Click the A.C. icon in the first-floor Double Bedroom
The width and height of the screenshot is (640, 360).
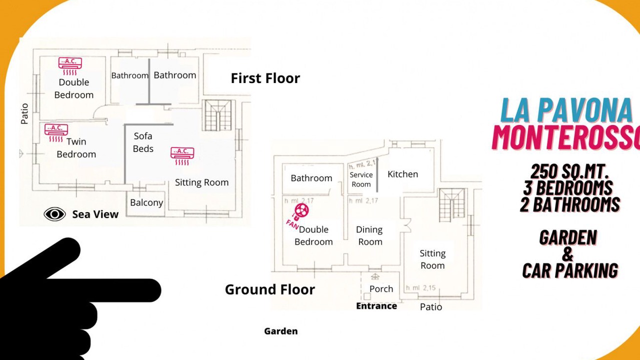pos(70,66)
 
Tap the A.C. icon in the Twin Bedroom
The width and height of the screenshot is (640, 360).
pos(56,133)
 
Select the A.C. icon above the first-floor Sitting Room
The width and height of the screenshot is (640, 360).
pos(182,156)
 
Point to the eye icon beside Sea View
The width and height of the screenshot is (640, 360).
pos(54,214)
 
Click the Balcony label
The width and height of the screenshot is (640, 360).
pos(146,202)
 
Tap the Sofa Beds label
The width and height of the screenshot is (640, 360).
pos(143,142)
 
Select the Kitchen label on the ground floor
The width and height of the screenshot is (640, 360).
pos(402,174)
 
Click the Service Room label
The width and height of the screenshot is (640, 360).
pos(361,179)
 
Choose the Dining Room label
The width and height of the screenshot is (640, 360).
pos(369,235)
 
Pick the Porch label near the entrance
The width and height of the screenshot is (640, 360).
pos(381,289)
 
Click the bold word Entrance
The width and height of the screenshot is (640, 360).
pos(376,306)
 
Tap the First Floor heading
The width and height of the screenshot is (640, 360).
pos(265,78)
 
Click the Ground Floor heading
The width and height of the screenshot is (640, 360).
pos(270,289)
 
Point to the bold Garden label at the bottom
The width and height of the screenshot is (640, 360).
pos(281,331)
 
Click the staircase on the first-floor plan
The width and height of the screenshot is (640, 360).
pos(218,115)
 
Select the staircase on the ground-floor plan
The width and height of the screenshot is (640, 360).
pos(451,205)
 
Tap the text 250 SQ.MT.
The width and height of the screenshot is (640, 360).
pos(568,171)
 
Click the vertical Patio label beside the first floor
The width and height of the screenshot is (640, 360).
pos(24,113)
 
